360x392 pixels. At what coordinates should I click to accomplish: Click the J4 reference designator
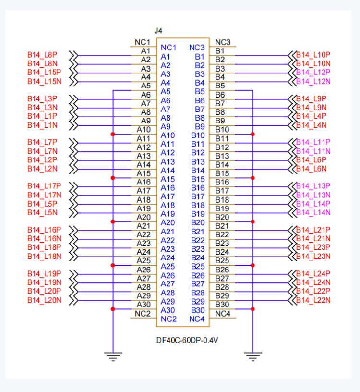pos(158,31)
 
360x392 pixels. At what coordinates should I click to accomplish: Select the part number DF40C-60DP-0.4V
pos(187,340)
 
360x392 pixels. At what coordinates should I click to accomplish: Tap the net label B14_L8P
pos(42,55)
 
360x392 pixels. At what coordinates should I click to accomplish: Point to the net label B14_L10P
pos(313,55)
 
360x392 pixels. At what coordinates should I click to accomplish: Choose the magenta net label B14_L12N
pos(313,81)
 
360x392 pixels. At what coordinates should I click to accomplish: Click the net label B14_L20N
pos(44,300)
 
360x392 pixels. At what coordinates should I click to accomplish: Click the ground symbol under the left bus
pos(113,356)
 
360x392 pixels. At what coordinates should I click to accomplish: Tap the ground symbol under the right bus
pos(253,356)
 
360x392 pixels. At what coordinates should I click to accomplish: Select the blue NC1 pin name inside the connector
pos(168,48)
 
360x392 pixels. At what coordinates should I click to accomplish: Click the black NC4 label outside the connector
pos(223,314)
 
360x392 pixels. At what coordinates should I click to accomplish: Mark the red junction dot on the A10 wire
pos(113,134)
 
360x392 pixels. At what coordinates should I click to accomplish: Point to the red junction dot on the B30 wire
pos(252,309)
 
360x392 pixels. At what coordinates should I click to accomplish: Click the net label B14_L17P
pos(44,186)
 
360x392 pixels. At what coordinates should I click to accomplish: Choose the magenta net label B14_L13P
pos(313,186)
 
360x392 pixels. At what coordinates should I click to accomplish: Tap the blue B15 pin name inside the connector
pos(198,179)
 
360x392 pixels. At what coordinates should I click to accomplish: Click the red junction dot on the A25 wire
pos(113,265)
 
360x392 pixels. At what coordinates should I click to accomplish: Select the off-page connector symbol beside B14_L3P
pos(73,99)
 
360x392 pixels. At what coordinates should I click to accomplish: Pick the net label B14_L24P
pos(313,274)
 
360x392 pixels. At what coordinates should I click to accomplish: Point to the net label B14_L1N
pos(42,125)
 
